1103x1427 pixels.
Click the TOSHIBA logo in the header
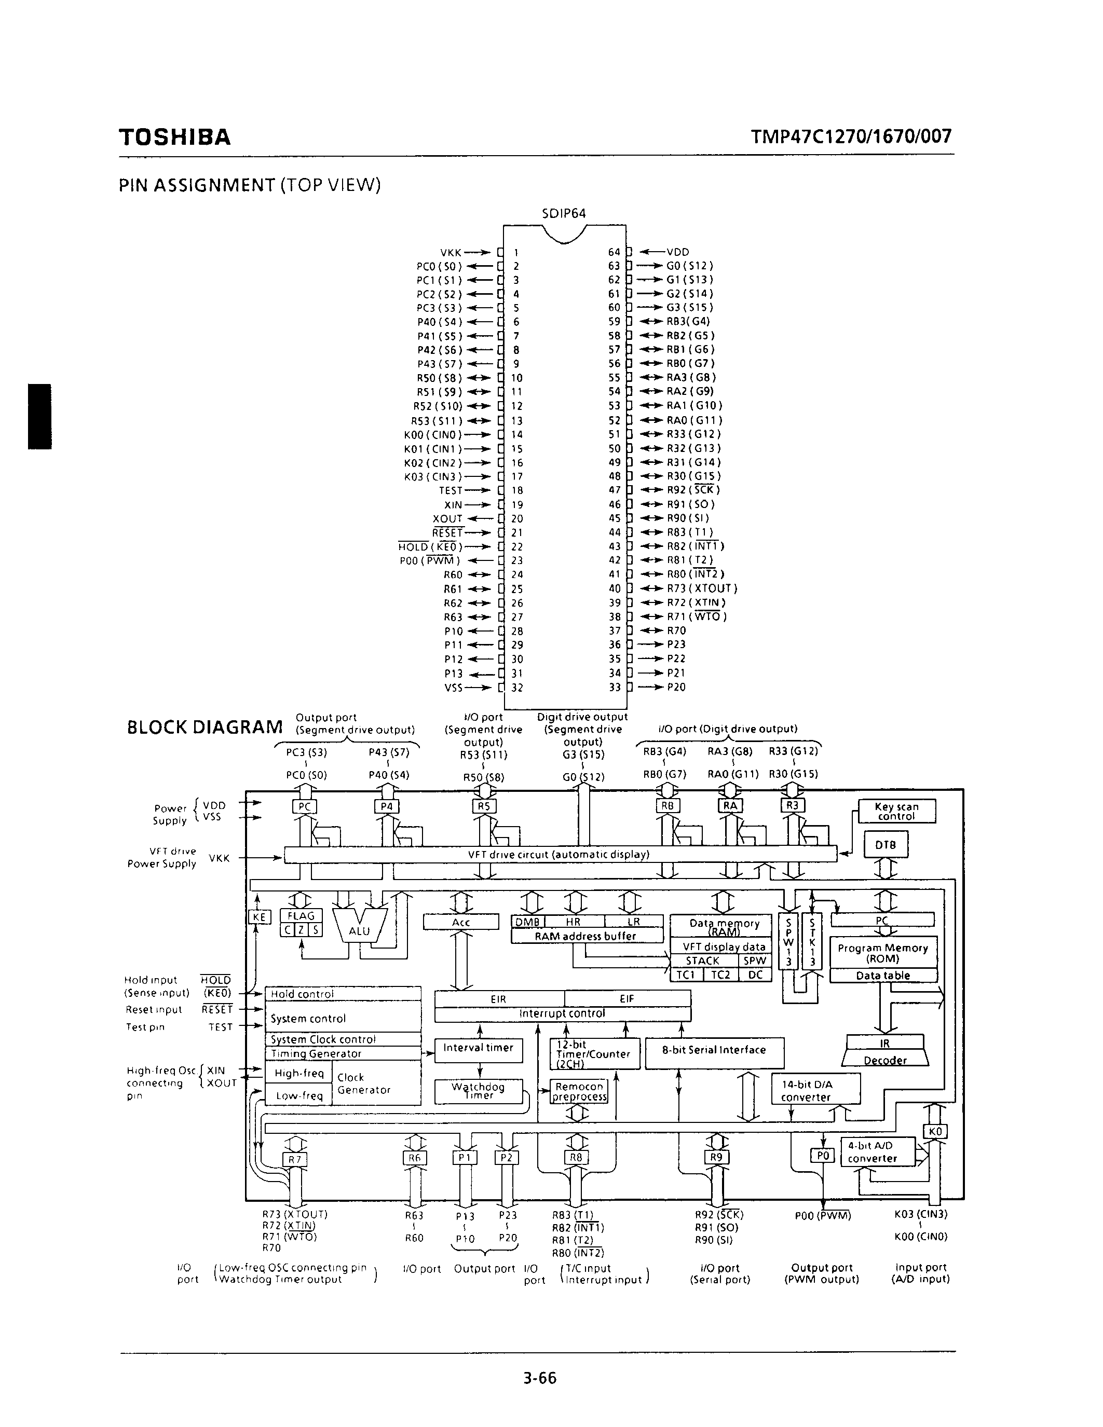(174, 137)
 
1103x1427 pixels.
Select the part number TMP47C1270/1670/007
(851, 136)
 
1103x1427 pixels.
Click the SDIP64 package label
(564, 214)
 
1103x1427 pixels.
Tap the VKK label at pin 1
(451, 252)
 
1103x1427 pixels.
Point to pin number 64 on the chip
(614, 252)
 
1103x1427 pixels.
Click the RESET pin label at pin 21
(447, 532)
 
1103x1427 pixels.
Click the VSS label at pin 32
(454, 688)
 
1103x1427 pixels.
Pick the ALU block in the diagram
(359, 930)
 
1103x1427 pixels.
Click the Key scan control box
(896, 812)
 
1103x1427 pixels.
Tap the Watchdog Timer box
(479, 1091)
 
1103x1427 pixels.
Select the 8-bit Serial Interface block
(714, 1050)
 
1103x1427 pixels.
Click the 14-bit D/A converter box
(815, 1090)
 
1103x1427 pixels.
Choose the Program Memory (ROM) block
(883, 953)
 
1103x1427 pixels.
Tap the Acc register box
(461, 922)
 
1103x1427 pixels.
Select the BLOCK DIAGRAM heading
(205, 727)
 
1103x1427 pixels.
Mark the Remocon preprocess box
(578, 1091)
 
